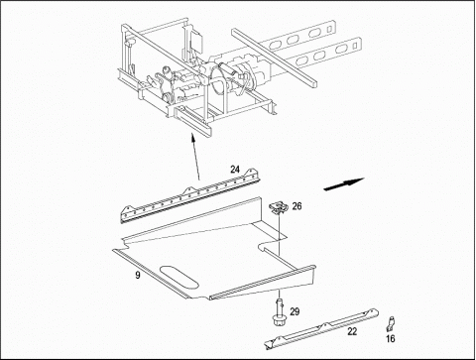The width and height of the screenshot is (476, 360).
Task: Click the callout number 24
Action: [235, 170]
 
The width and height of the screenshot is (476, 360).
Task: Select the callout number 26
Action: [297, 206]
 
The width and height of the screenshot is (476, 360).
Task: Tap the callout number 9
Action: [138, 275]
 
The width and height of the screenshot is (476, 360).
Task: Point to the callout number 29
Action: [295, 311]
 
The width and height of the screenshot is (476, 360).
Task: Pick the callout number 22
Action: [352, 331]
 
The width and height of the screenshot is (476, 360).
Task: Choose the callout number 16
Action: [391, 339]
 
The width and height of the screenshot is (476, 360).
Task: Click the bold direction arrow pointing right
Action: [344, 183]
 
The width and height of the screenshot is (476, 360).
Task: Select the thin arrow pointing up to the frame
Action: [195, 157]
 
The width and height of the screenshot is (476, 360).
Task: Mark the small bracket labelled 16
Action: [391, 323]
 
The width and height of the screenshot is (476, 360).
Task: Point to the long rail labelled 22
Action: [321, 328]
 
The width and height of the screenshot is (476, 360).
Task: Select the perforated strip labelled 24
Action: [190, 196]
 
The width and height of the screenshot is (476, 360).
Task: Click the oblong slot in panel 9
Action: [179, 277]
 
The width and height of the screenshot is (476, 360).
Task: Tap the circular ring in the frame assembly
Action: [218, 80]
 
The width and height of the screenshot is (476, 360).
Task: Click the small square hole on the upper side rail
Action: [329, 29]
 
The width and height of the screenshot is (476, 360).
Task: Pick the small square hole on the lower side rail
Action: [356, 44]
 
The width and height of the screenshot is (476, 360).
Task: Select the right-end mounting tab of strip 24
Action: [252, 172]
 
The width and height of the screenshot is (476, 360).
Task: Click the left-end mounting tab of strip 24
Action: [127, 209]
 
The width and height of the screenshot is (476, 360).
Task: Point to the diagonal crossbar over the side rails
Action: [275, 59]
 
